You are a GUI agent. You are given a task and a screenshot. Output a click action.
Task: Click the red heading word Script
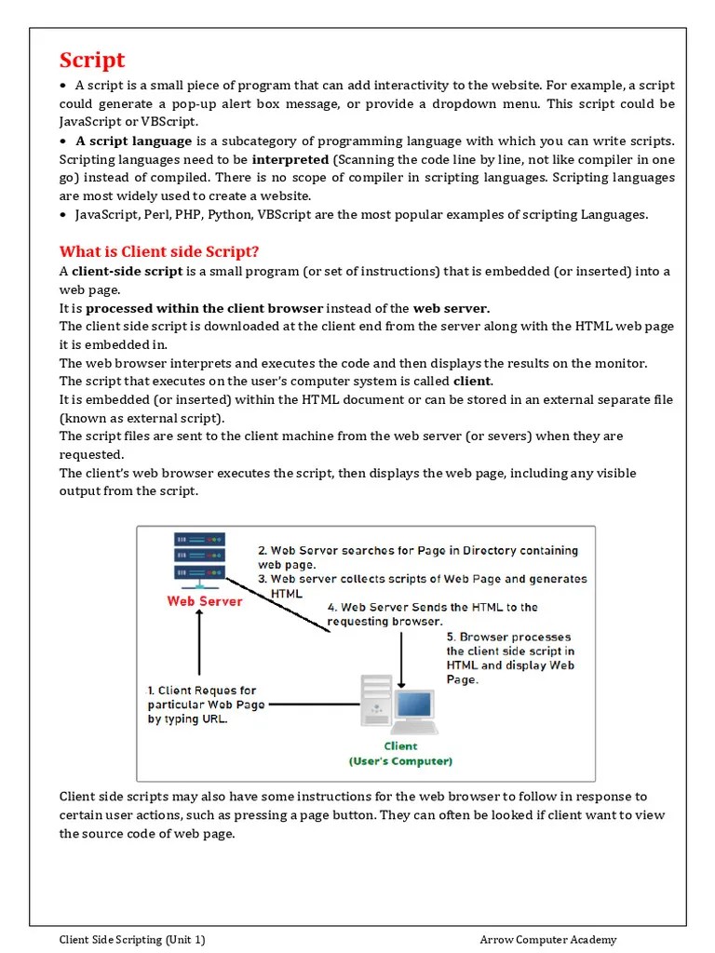[92, 60]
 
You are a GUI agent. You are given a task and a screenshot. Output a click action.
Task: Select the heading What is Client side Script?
[159, 251]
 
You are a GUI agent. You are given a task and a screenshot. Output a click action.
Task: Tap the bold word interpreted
[290, 159]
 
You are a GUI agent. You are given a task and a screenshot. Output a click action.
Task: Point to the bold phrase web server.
[451, 308]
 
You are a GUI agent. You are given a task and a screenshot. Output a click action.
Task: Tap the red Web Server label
[204, 601]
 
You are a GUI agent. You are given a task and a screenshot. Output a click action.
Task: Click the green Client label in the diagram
[401, 745]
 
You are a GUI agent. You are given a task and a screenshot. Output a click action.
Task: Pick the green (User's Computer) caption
[401, 761]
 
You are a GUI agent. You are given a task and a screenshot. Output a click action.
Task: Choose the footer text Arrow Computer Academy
[548, 939]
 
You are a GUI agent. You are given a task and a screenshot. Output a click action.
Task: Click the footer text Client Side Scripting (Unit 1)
[132, 939]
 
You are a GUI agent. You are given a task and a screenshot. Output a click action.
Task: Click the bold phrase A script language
[133, 141]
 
